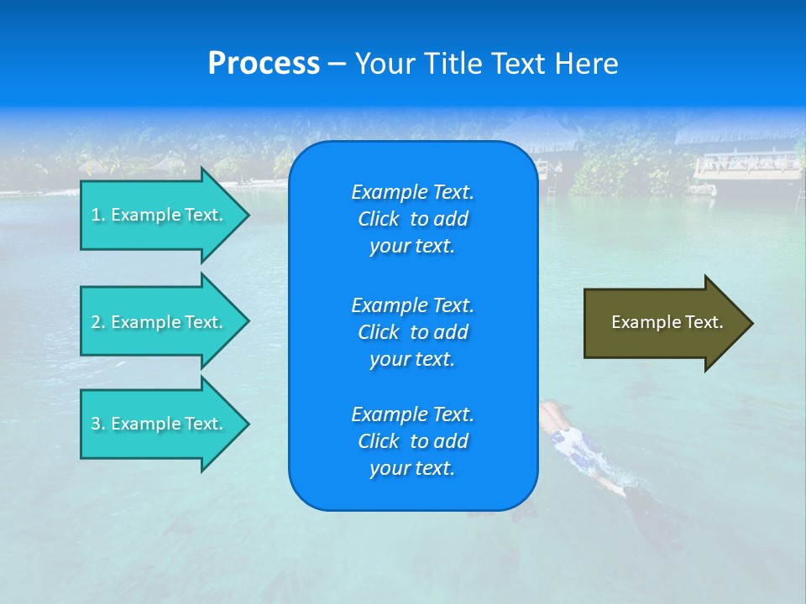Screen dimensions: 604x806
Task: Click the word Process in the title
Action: coord(264,64)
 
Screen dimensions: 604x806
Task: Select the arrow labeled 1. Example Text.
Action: coord(160,215)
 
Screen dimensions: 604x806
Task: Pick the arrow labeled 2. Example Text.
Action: coord(160,322)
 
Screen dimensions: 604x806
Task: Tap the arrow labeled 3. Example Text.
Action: coord(160,424)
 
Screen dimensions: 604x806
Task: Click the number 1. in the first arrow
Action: coord(98,215)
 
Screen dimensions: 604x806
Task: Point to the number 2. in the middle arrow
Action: coord(98,322)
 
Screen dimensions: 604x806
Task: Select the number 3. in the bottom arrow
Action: coord(98,424)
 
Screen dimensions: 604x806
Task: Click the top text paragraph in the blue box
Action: coord(412,219)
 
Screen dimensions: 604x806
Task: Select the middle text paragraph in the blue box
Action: coord(412,332)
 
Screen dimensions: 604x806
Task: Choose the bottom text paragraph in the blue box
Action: coord(412,441)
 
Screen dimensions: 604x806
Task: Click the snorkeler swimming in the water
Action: coord(579,445)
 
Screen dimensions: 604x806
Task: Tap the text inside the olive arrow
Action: coord(667,322)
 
